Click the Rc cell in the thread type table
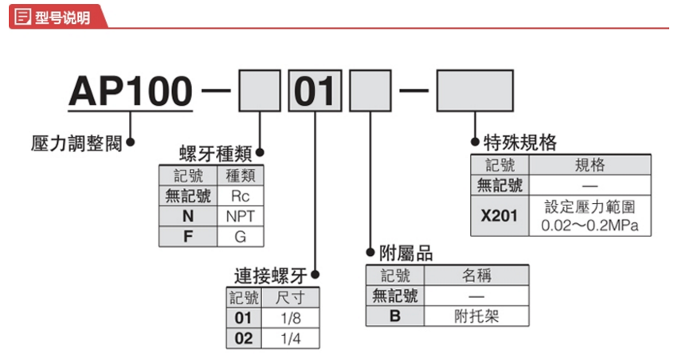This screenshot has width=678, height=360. tap(240, 196)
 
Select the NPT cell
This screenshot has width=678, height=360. tap(240, 216)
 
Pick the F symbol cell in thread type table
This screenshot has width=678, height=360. tap(189, 237)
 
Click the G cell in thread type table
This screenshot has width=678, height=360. tap(240, 237)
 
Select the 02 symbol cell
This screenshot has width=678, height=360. tap(243, 338)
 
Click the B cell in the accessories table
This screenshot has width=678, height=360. tap(394, 315)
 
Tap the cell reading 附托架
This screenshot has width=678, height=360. tap(477, 315)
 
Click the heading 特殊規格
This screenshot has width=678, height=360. tap(520, 143)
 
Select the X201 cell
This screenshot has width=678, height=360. tap(500, 216)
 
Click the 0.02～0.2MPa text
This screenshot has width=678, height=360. tap(590, 226)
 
